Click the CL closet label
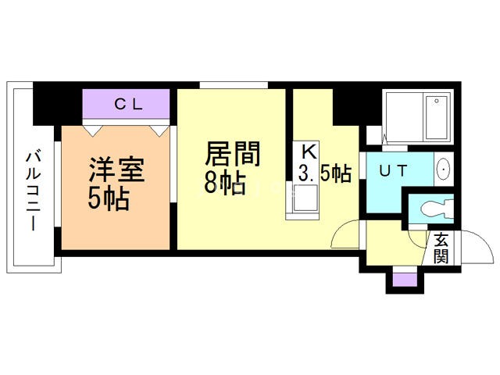(x=128, y=104)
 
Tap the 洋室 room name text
(x=116, y=170)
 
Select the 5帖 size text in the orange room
(x=109, y=198)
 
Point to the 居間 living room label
(x=233, y=154)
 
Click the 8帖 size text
(x=225, y=183)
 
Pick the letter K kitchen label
(x=309, y=152)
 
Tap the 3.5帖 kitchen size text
(x=325, y=173)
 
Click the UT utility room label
(x=393, y=170)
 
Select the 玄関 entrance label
(x=441, y=248)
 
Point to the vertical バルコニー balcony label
(x=33, y=191)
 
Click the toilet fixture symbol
(x=437, y=209)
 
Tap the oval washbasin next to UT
(x=443, y=169)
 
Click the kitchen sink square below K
(x=305, y=198)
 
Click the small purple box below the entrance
(x=405, y=280)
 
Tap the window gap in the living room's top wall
(x=234, y=85)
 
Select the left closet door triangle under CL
(x=93, y=131)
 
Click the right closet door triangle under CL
(x=159, y=131)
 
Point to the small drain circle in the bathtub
(x=437, y=101)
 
